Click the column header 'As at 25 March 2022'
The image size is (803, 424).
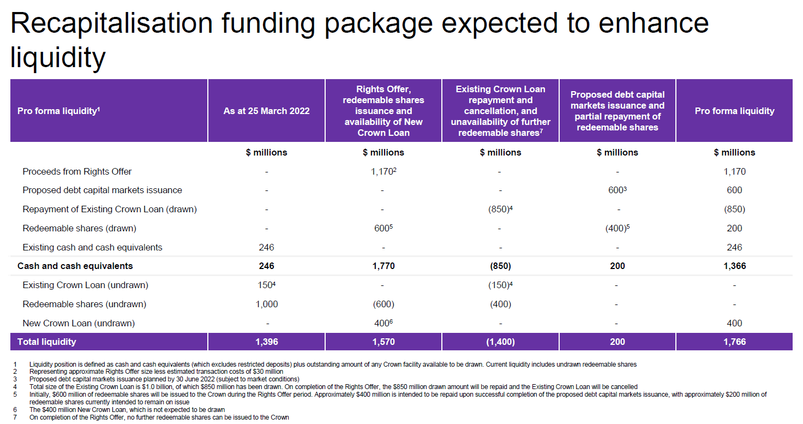(266, 111)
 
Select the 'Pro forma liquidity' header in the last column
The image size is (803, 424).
(734, 111)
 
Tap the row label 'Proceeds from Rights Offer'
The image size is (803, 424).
(77, 171)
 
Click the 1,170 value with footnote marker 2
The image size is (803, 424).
(382, 171)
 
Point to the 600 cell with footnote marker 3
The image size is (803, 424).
(616, 190)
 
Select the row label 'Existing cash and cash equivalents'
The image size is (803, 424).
(92, 248)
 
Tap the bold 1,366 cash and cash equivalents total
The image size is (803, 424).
(734, 266)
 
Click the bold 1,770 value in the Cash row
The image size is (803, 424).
(383, 266)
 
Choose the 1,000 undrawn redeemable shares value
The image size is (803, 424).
(266, 304)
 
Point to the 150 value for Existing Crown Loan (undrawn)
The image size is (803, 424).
(266, 285)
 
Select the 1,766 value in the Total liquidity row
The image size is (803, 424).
(734, 342)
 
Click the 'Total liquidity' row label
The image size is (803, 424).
(47, 342)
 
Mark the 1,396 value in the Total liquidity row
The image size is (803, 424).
(266, 342)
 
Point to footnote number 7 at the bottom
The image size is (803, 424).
(16, 417)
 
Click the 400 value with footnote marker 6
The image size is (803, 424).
(382, 324)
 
